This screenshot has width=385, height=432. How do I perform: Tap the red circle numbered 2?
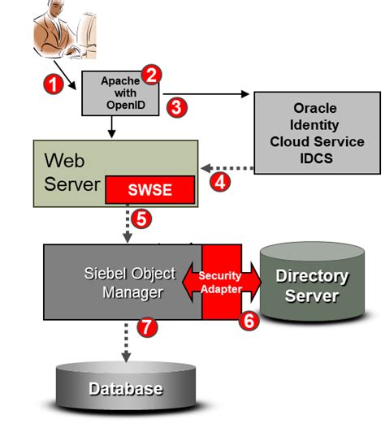[x=150, y=75]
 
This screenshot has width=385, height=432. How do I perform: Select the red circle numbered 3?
[x=174, y=106]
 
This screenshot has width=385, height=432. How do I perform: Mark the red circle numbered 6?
[x=249, y=320]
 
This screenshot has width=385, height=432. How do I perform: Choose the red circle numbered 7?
[x=146, y=328]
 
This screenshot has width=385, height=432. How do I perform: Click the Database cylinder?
[x=126, y=388]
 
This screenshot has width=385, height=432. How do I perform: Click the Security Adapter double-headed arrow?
[x=221, y=283]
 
